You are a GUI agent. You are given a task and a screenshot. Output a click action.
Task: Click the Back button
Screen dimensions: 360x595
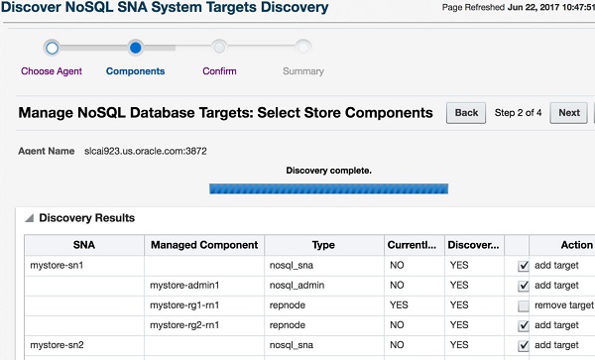point(466,112)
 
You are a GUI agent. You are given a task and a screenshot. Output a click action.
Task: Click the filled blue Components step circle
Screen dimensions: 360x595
point(135,47)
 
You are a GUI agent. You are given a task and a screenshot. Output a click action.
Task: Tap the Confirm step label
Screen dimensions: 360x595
point(219,71)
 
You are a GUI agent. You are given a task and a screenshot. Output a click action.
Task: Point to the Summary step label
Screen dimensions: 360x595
point(302,71)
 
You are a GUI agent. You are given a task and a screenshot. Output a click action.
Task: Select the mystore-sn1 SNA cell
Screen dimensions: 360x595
point(58,266)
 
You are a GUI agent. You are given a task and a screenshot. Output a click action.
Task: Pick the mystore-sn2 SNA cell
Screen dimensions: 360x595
point(58,345)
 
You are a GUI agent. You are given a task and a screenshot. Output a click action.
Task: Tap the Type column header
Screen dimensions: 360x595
point(323,245)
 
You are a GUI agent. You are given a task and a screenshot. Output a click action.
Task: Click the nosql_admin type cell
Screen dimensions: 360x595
point(297,286)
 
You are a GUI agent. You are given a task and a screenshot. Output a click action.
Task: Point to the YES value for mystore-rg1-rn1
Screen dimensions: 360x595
point(401,305)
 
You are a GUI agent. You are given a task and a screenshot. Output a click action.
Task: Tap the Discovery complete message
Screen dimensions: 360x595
point(328,171)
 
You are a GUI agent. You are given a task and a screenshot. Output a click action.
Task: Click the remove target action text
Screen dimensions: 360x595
point(563,305)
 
